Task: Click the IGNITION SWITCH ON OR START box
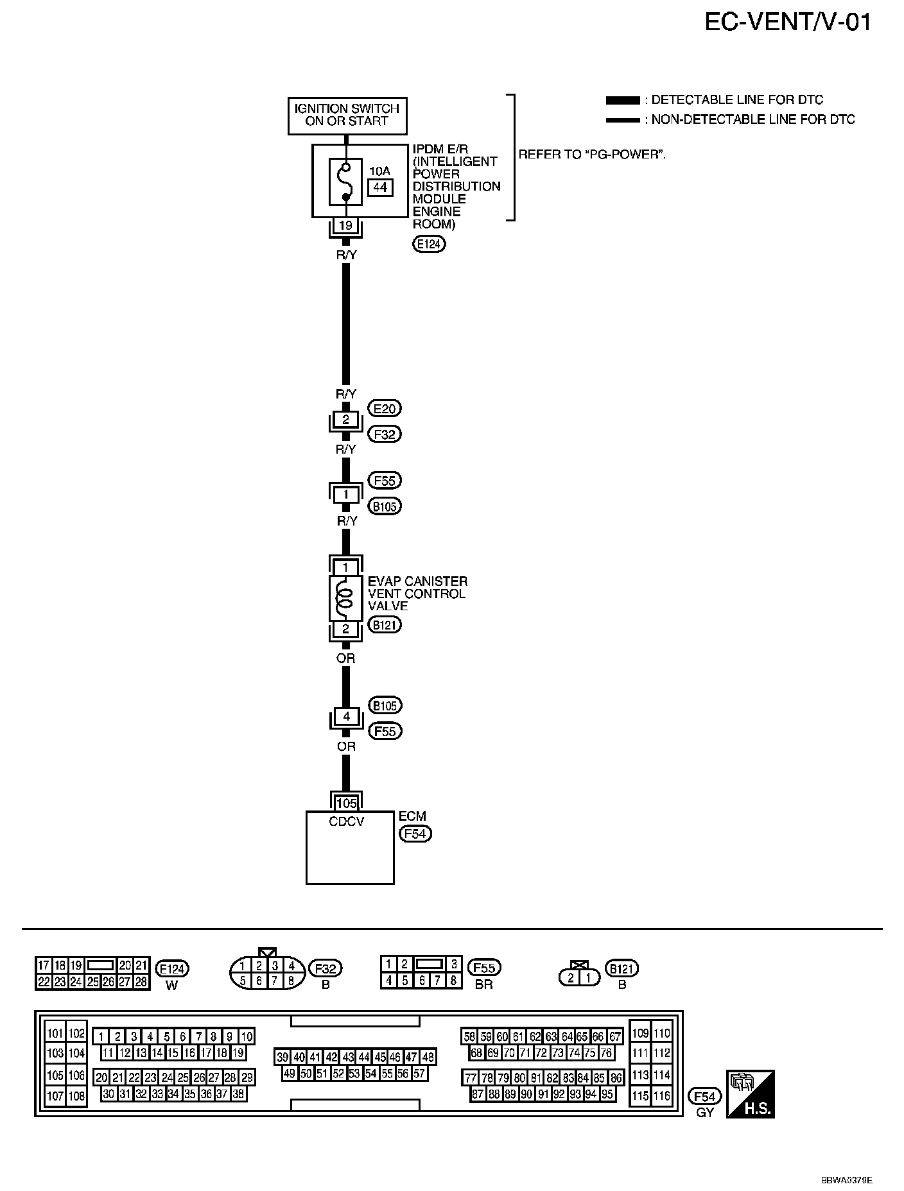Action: click(x=347, y=115)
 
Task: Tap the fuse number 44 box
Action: click(x=380, y=187)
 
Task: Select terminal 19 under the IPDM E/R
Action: click(x=345, y=226)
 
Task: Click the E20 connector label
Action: click(x=384, y=409)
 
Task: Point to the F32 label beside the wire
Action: click(x=384, y=434)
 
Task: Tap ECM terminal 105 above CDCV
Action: click(x=346, y=803)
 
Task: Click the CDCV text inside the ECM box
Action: click(x=346, y=821)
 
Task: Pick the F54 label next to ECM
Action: click(x=415, y=834)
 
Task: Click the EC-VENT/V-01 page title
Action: click(x=788, y=23)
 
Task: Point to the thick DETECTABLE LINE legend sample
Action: click(x=622, y=101)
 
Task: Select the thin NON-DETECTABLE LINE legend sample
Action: click(x=622, y=120)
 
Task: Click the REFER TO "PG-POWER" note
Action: click(x=591, y=155)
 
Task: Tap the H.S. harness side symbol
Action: click(x=750, y=1093)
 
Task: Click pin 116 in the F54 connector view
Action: click(x=661, y=1095)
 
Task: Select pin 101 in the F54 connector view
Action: click(x=55, y=1033)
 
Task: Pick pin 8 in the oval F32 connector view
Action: click(x=291, y=980)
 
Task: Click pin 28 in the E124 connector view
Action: click(x=141, y=982)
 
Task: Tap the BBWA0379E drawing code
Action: click(x=847, y=1180)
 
